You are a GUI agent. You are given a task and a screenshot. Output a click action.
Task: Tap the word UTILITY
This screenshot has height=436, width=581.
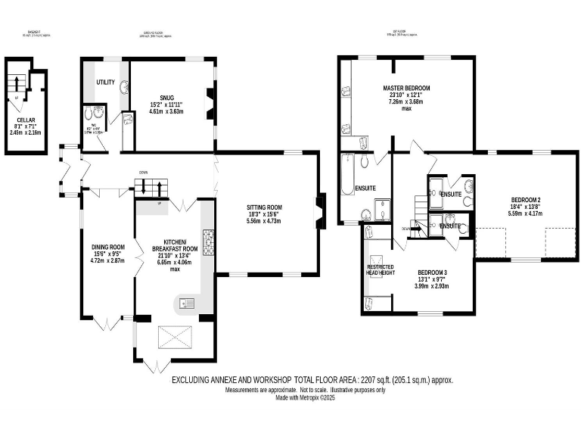tap(104, 82)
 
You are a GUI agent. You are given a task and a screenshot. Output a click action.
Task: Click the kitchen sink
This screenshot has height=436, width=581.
tap(185, 304)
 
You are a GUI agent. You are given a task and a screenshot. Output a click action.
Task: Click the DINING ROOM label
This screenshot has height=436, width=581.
tap(107, 247)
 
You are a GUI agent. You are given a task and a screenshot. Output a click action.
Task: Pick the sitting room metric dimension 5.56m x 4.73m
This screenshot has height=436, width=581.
tap(265, 223)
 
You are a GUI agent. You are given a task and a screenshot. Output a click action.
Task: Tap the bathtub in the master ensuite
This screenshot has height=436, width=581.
tap(349, 173)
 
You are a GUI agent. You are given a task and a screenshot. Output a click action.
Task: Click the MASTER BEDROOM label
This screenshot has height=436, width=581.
tap(405, 88)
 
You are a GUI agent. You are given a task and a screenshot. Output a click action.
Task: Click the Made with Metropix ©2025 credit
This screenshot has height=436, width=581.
tap(306, 398)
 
